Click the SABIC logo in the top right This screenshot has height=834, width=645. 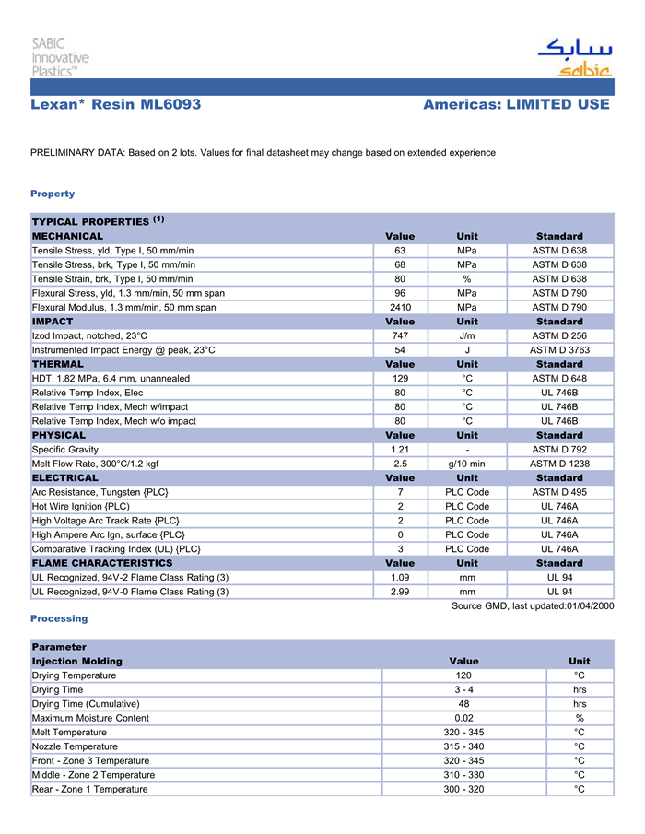(574, 58)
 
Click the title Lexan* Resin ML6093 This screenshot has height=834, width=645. (115, 105)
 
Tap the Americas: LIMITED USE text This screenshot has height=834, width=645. (516, 105)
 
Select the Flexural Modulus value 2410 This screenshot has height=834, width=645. (400, 307)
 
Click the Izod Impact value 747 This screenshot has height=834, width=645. (400, 335)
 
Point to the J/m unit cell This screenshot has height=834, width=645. (467, 335)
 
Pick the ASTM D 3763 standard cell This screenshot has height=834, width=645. (559, 350)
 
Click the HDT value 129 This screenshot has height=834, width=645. (400, 379)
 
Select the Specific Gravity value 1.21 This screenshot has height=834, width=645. (400, 450)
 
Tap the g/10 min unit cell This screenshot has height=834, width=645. (467, 464)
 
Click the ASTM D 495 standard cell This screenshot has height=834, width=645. (559, 492)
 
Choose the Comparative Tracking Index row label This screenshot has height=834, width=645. (116, 549)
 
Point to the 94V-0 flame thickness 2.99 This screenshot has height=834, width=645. (400, 592)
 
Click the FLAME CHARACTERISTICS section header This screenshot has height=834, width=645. (102, 563)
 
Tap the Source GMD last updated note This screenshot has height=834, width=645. (532, 605)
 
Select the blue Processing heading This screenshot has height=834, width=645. (59, 618)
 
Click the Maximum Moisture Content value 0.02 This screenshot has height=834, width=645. (463, 718)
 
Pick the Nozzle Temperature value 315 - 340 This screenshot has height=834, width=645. (463, 746)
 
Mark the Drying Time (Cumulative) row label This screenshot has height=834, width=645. (88, 704)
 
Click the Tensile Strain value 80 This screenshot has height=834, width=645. (400, 278)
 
